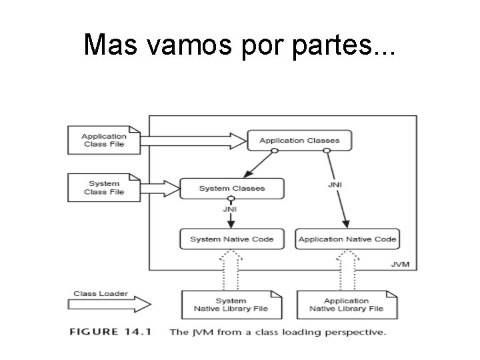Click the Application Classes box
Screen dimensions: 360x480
(x=299, y=141)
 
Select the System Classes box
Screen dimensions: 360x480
(x=231, y=189)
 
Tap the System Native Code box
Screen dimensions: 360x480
(x=231, y=239)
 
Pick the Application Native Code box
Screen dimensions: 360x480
(x=347, y=239)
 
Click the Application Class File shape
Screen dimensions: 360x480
(x=104, y=140)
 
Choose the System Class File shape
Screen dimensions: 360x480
(x=104, y=188)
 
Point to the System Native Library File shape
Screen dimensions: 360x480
(x=231, y=305)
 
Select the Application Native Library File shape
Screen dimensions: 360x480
(x=346, y=305)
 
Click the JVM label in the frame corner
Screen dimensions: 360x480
(x=399, y=265)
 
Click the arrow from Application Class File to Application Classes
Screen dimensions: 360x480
(x=193, y=141)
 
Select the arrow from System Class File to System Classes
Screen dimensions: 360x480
(x=159, y=189)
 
